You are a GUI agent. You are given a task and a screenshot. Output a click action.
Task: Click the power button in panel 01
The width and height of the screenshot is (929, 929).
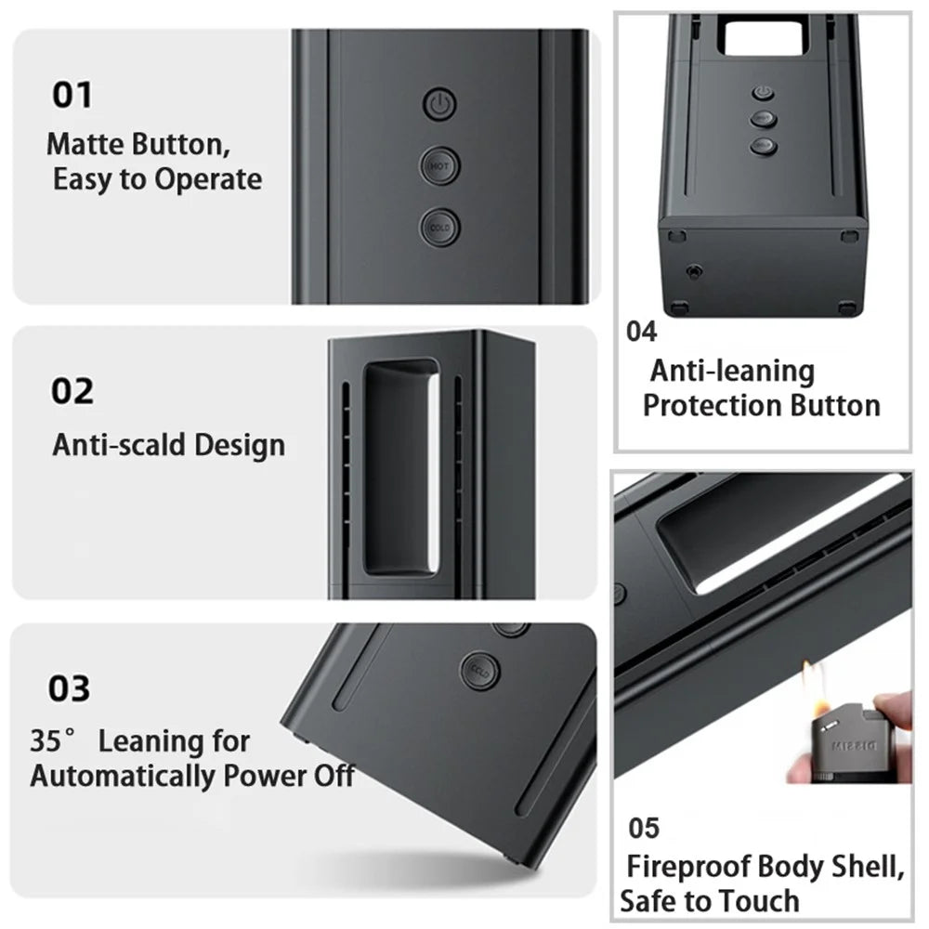tap(439, 104)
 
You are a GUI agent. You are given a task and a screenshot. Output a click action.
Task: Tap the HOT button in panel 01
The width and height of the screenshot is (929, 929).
tap(439, 166)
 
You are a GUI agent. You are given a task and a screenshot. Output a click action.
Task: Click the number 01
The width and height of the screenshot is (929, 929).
tap(72, 95)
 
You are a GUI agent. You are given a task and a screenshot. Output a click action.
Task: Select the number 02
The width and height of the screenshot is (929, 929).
tap(72, 391)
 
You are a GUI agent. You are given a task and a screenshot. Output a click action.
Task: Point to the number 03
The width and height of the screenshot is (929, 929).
tap(70, 688)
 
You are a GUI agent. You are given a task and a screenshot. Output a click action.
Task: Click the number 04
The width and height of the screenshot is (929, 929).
tap(642, 332)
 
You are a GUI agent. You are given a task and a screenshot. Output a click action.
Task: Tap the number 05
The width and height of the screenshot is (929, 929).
tap(644, 828)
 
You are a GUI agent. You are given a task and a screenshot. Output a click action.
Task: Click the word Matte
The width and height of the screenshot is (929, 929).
tap(85, 144)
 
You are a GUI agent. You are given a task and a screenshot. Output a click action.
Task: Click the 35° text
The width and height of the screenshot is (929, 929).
tap(53, 740)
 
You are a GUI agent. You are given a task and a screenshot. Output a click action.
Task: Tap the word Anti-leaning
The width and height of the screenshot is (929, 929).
tap(732, 372)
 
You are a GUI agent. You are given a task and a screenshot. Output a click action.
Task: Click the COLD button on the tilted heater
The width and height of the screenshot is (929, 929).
tap(480, 671)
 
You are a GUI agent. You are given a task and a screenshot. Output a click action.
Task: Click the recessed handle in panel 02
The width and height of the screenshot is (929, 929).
tap(401, 467)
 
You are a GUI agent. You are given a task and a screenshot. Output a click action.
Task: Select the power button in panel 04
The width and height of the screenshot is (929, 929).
tap(763, 92)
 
